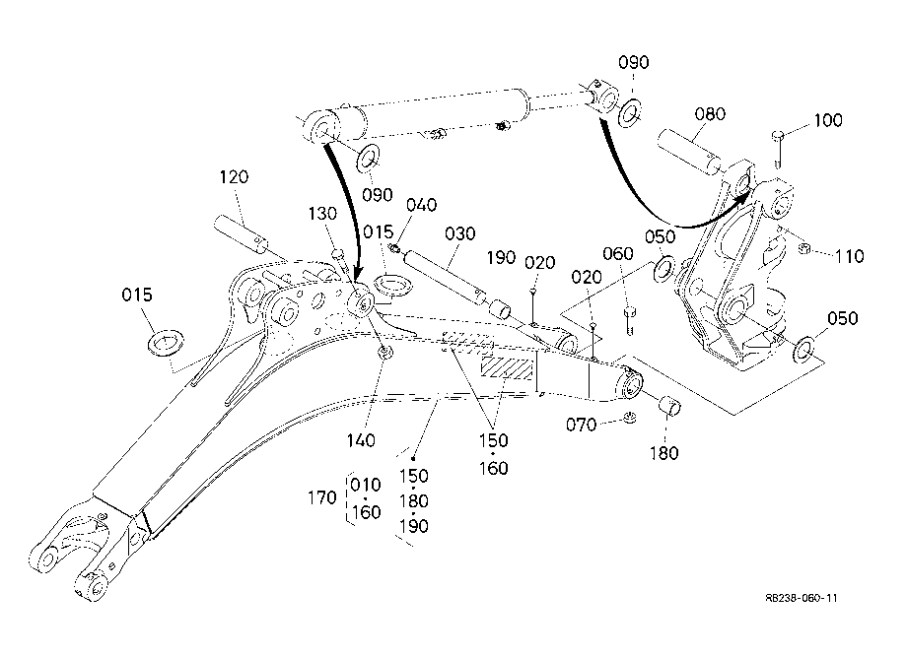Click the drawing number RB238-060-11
tap(801, 598)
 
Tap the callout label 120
tap(234, 176)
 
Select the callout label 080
tap(710, 114)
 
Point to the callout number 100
tap(828, 120)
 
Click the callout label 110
tap(849, 255)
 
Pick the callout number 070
tap(581, 425)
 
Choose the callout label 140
tap(361, 440)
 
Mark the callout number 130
tap(322, 214)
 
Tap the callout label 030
tap(459, 233)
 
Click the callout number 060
tap(618, 253)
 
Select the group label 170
tap(322, 496)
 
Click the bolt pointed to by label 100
tap(778, 149)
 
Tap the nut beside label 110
tap(803, 249)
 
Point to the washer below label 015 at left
tap(166, 344)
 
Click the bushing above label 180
tap(670, 404)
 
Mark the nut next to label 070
tap(631, 417)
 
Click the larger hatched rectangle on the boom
tap(507, 367)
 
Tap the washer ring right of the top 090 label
tap(629, 112)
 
